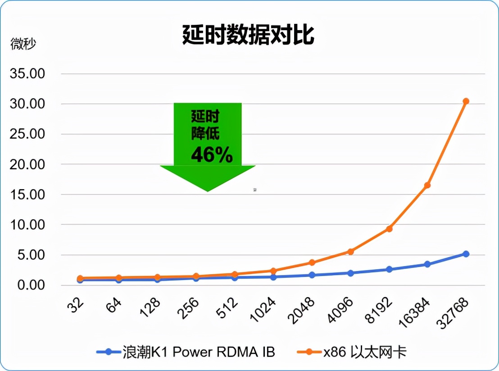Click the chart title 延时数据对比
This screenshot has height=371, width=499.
click(248, 35)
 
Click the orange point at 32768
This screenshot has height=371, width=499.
click(466, 101)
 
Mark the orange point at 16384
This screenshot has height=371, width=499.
click(427, 185)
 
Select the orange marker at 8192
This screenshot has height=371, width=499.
click(389, 229)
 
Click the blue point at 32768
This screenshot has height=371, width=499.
click(466, 254)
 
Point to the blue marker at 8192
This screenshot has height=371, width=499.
click(389, 269)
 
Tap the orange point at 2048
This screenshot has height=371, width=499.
click(312, 262)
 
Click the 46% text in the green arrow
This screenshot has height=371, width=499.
click(212, 155)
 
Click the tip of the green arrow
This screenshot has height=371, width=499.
click(208, 191)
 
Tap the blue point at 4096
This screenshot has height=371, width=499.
click(350, 273)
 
